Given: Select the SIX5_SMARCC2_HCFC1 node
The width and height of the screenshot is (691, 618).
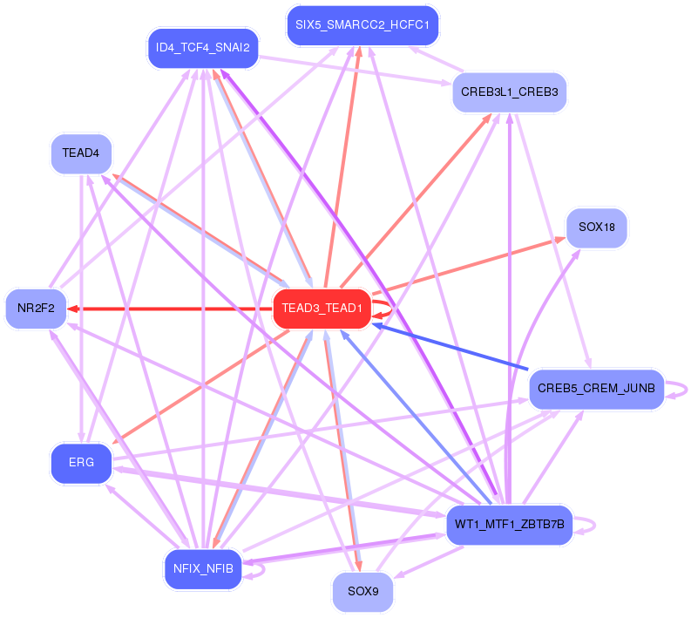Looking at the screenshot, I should pos(362,25).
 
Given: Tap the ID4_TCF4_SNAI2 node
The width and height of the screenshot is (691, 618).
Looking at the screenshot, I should pos(202,48).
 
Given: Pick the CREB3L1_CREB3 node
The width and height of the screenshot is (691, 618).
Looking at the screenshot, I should pos(510,92).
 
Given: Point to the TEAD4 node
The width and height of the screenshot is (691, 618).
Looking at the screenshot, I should pos(81,153).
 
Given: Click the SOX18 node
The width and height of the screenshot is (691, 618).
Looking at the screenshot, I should pos(596,228).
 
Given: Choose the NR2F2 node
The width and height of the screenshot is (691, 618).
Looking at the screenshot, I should pos(36,308).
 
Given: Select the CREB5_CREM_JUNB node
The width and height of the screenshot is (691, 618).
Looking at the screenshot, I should pos(596,389).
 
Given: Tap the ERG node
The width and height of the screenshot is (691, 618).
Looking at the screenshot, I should pos(81,463).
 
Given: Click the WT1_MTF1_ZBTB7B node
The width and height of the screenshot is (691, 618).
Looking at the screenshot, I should pos(509,525).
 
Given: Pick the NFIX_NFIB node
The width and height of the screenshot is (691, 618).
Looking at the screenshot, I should pos(202,569).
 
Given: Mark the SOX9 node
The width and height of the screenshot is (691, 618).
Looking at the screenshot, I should pos(362,592).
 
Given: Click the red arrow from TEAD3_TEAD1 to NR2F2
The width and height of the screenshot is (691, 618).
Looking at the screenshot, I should pos(174,309).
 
